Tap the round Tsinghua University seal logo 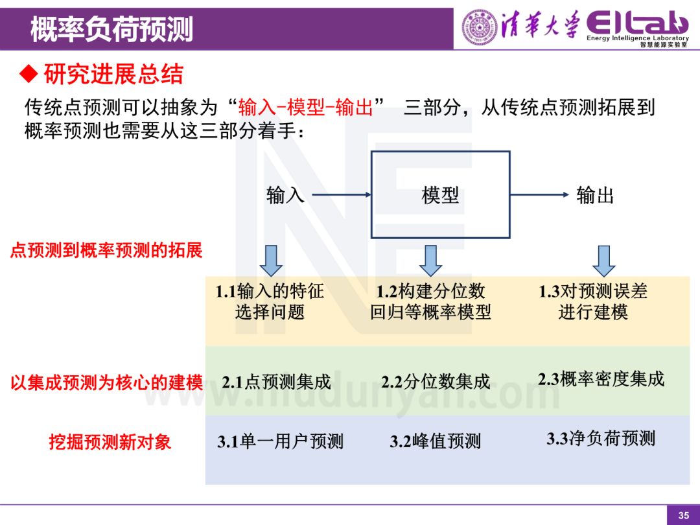pyautogui.click(x=479, y=27)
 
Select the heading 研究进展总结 pyautogui.click(x=113, y=75)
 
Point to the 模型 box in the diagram pyautogui.click(x=440, y=195)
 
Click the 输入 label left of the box pyautogui.click(x=285, y=195)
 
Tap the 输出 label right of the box pyautogui.click(x=594, y=195)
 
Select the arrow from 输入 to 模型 pyautogui.click(x=342, y=194)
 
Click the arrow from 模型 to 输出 pyautogui.click(x=538, y=194)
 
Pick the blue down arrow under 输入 pyautogui.click(x=272, y=261)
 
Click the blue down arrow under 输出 pyautogui.click(x=604, y=261)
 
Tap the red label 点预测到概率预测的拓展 pyautogui.click(x=106, y=250)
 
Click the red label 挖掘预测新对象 pyautogui.click(x=110, y=442)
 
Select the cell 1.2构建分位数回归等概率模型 pyautogui.click(x=430, y=302)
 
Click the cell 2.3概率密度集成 pyautogui.click(x=601, y=379)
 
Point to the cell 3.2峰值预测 pyautogui.click(x=435, y=442)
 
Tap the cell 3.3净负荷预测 pyautogui.click(x=600, y=439)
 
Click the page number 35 pyautogui.click(x=683, y=515)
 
